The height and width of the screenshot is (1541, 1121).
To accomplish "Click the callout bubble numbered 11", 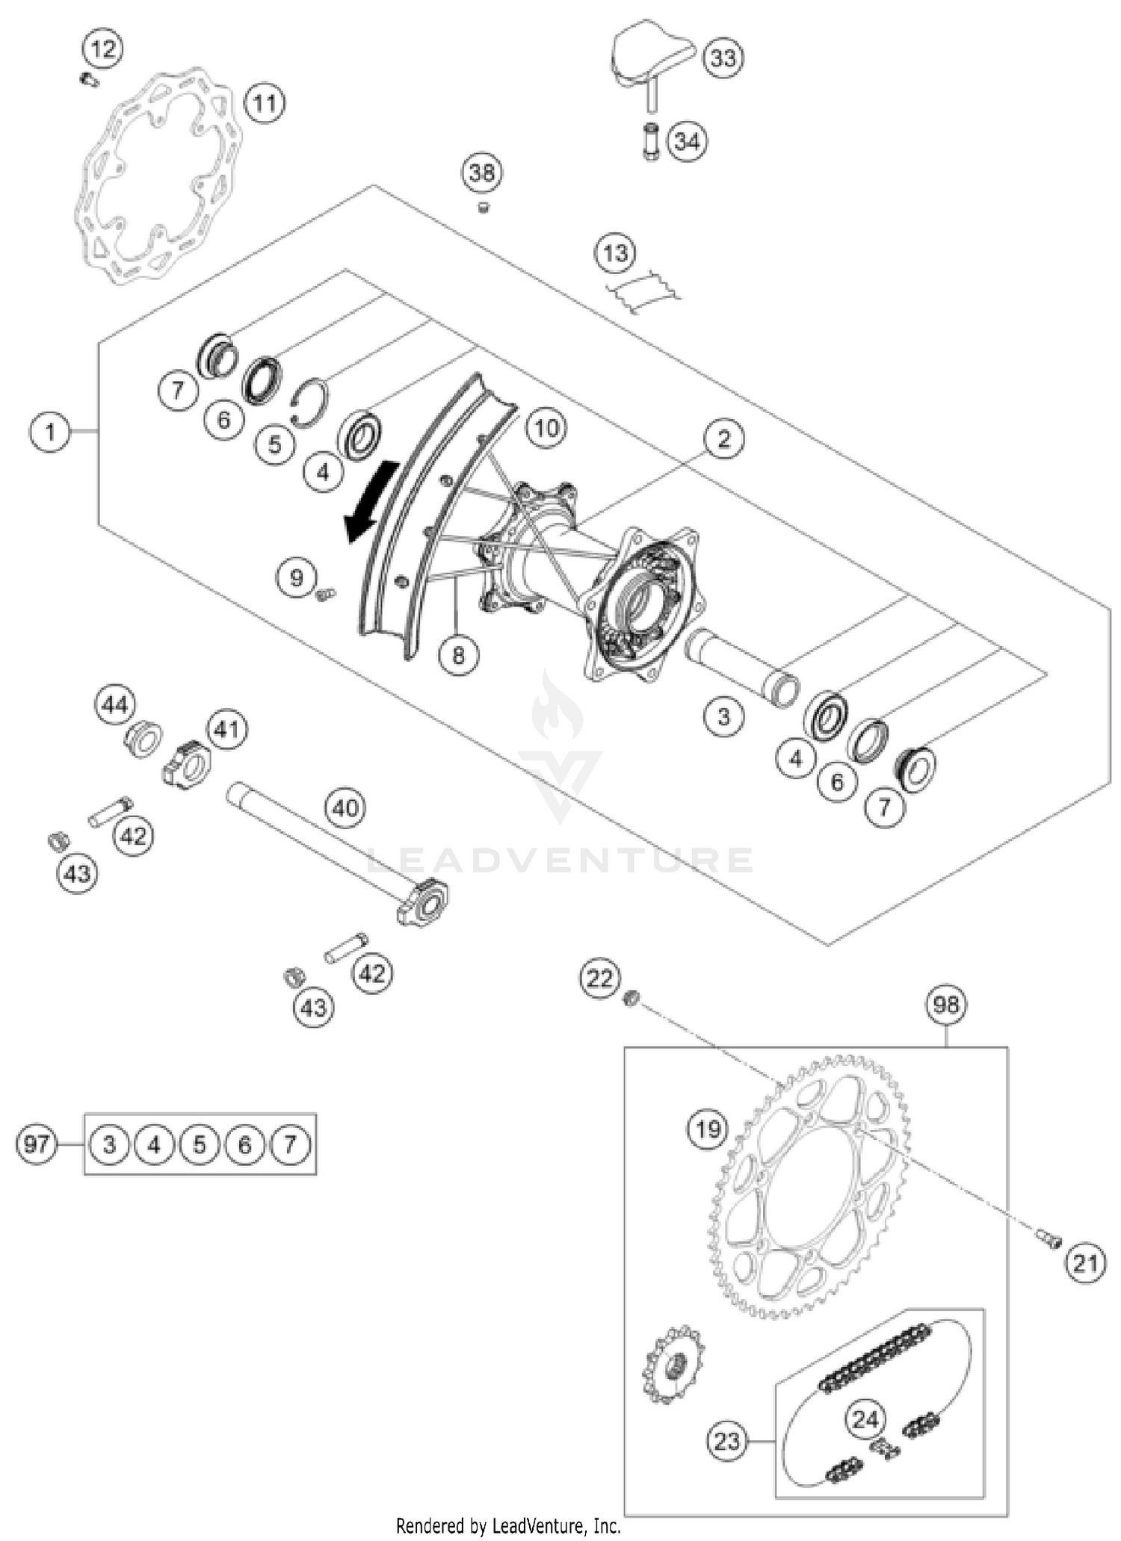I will point(264,102).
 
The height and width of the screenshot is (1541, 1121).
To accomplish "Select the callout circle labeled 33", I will point(723,58).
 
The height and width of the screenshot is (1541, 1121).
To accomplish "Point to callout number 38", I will point(481,173).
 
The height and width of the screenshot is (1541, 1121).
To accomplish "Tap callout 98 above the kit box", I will point(945,1005).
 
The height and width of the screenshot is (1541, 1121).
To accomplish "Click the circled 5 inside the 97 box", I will point(200,1144).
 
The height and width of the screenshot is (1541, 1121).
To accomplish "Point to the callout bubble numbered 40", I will point(345,807).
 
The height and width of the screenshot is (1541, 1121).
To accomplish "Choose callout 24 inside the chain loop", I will point(865,1418).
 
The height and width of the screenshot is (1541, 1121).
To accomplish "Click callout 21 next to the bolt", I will point(1084,1263).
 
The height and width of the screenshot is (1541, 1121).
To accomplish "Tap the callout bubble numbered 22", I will point(600,978).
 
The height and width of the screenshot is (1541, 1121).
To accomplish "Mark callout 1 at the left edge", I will point(50,432).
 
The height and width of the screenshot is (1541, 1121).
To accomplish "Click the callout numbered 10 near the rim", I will point(546,428).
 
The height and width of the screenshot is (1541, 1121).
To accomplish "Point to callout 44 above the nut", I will point(115,704).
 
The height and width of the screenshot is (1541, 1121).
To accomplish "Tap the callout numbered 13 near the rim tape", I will point(615,253).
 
